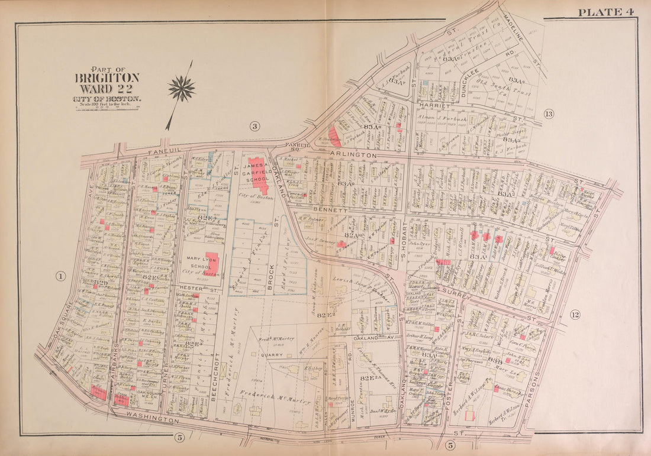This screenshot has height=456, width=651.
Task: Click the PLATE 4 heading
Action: (607, 12)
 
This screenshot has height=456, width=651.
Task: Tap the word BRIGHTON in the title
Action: (107, 78)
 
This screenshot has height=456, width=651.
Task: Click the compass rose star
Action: (181, 89)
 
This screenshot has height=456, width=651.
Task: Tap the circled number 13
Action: (549, 114)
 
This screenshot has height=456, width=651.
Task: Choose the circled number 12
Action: (575, 314)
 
